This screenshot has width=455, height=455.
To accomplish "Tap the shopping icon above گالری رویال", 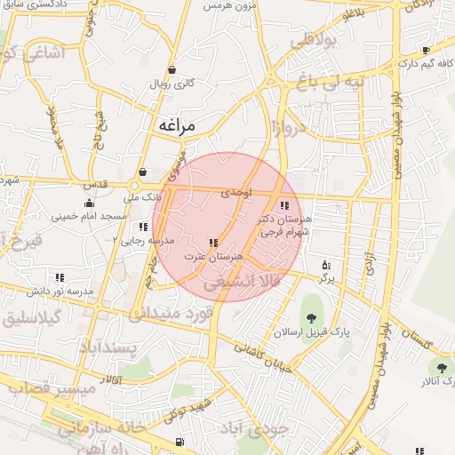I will [x=172, y=69].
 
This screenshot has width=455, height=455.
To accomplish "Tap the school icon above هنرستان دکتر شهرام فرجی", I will [x=283, y=205].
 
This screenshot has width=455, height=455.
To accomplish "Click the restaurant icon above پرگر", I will [x=326, y=265].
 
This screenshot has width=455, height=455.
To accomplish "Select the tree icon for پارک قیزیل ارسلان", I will [x=311, y=319].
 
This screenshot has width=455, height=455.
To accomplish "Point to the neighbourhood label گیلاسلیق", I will [x=31, y=317].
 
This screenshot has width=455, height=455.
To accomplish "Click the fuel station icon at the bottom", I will [x=180, y=441].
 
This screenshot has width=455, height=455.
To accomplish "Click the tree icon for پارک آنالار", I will [x=442, y=367].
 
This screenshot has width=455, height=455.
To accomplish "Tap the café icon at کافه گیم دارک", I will [x=427, y=51].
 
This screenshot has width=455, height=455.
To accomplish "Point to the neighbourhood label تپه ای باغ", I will [x=331, y=84].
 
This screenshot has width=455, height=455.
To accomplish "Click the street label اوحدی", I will [x=238, y=193].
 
